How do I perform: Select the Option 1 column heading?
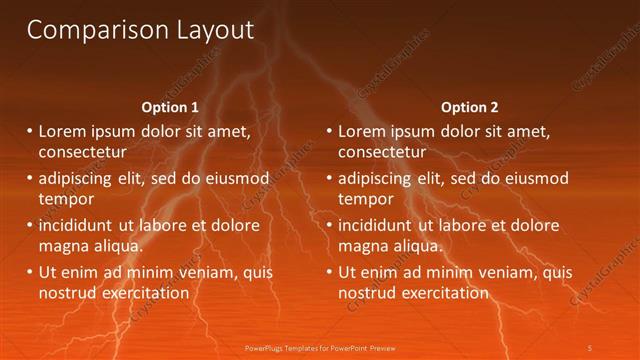pyautogui.click(x=169, y=107)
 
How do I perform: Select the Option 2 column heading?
pyautogui.click(x=469, y=107)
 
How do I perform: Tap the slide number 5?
pyautogui.click(x=590, y=347)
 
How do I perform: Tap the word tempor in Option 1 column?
pyautogui.click(x=66, y=198)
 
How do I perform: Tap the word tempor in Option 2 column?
pyautogui.click(x=366, y=198)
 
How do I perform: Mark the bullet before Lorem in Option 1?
pyautogui.click(x=30, y=131)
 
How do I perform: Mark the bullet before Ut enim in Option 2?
pyautogui.click(x=330, y=272)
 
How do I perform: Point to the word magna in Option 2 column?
pyautogui.click(x=363, y=245)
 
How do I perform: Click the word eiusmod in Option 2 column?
pyautogui.click(x=536, y=179)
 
